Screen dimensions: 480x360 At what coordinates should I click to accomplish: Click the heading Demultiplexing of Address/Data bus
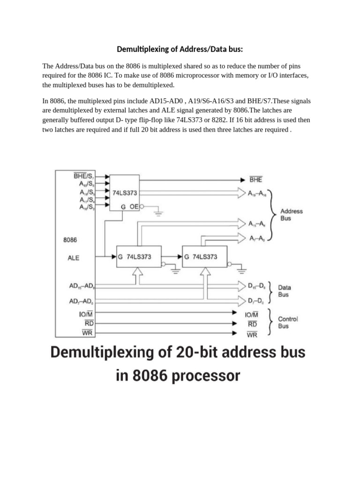pos(180,49)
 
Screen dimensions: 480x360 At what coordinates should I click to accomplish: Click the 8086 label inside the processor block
pos(70,240)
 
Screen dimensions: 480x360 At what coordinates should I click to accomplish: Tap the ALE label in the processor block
pos(74,258)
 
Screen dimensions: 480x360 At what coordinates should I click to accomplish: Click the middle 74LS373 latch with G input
pos(139,257)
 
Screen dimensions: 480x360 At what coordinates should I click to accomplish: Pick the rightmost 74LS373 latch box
pos(204,257)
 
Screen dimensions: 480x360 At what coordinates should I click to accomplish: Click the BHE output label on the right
pos(255,179)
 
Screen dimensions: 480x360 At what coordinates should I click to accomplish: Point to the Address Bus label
pos(292,215)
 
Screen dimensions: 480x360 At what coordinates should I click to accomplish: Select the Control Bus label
pos(287,322)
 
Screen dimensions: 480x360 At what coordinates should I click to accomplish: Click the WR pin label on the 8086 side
pos(87,333)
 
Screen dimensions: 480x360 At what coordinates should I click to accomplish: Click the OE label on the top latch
pos(134,205)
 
